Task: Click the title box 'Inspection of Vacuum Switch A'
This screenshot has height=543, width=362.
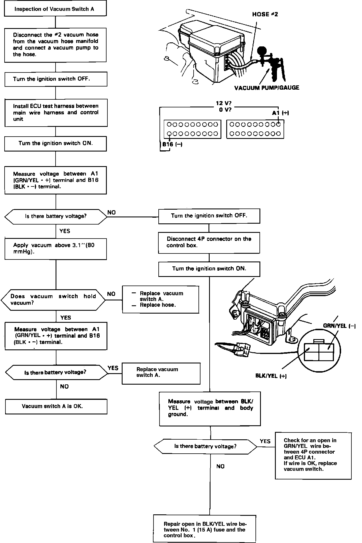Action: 55,9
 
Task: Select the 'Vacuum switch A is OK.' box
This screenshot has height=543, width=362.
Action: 56,406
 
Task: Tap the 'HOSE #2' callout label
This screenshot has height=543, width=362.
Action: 265,14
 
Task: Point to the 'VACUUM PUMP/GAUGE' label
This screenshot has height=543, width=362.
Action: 267,88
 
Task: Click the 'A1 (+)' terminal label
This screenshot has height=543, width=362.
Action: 280,113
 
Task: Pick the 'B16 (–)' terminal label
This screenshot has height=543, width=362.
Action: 172,144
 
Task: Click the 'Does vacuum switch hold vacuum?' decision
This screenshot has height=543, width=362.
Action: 53,300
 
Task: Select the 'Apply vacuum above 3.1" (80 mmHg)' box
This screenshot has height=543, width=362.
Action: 56,249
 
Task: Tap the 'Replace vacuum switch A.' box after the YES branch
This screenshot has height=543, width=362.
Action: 161,373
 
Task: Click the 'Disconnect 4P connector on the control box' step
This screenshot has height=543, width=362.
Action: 209,242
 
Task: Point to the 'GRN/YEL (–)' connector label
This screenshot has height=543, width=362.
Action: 339,326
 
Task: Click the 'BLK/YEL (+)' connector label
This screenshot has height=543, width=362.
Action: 271,376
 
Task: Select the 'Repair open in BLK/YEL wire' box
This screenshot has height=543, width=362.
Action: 205,529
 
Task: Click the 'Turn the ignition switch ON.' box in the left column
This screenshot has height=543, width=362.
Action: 56,143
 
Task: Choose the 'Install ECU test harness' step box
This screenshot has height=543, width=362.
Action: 56,113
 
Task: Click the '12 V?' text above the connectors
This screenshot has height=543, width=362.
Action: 223,103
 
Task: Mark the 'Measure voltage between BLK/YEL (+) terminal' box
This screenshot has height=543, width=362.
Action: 210,408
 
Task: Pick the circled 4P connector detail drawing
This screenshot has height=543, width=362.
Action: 319,351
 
